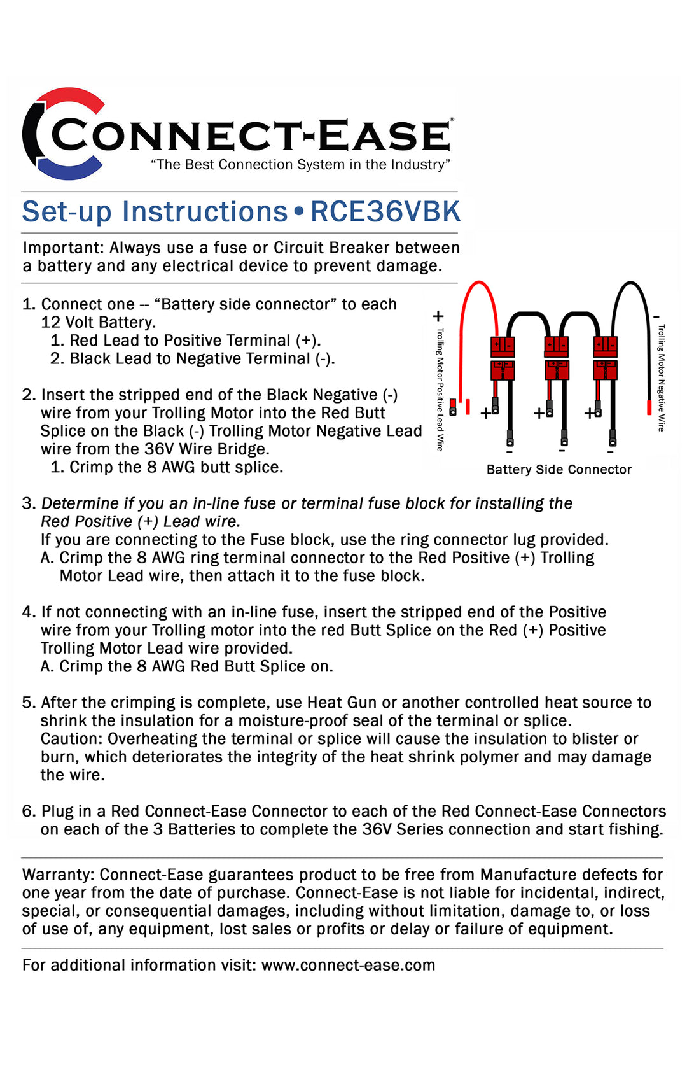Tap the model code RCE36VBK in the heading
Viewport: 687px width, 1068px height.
(385, 212)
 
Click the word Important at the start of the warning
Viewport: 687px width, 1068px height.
(62, 248)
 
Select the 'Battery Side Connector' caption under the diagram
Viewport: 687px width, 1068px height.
(559, 470)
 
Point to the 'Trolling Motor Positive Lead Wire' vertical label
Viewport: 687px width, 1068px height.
(440, 389)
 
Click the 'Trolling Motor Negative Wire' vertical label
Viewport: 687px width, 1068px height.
(662, 378)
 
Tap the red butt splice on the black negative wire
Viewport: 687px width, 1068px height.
(649, 407)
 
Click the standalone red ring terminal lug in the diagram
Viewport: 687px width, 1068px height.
(453, 407)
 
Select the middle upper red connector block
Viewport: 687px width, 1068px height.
(557, 346)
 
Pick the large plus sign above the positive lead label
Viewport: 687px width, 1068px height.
(438, 316)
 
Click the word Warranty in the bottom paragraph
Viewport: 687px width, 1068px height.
(58, 875)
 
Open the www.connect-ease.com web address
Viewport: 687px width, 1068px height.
(348, 965)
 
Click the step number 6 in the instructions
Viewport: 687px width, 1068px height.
(29, 812)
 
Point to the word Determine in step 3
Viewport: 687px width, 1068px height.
(80, 503)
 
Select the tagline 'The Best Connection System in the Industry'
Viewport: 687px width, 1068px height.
(300, 165)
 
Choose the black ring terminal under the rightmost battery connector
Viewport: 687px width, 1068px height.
(613, 439)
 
